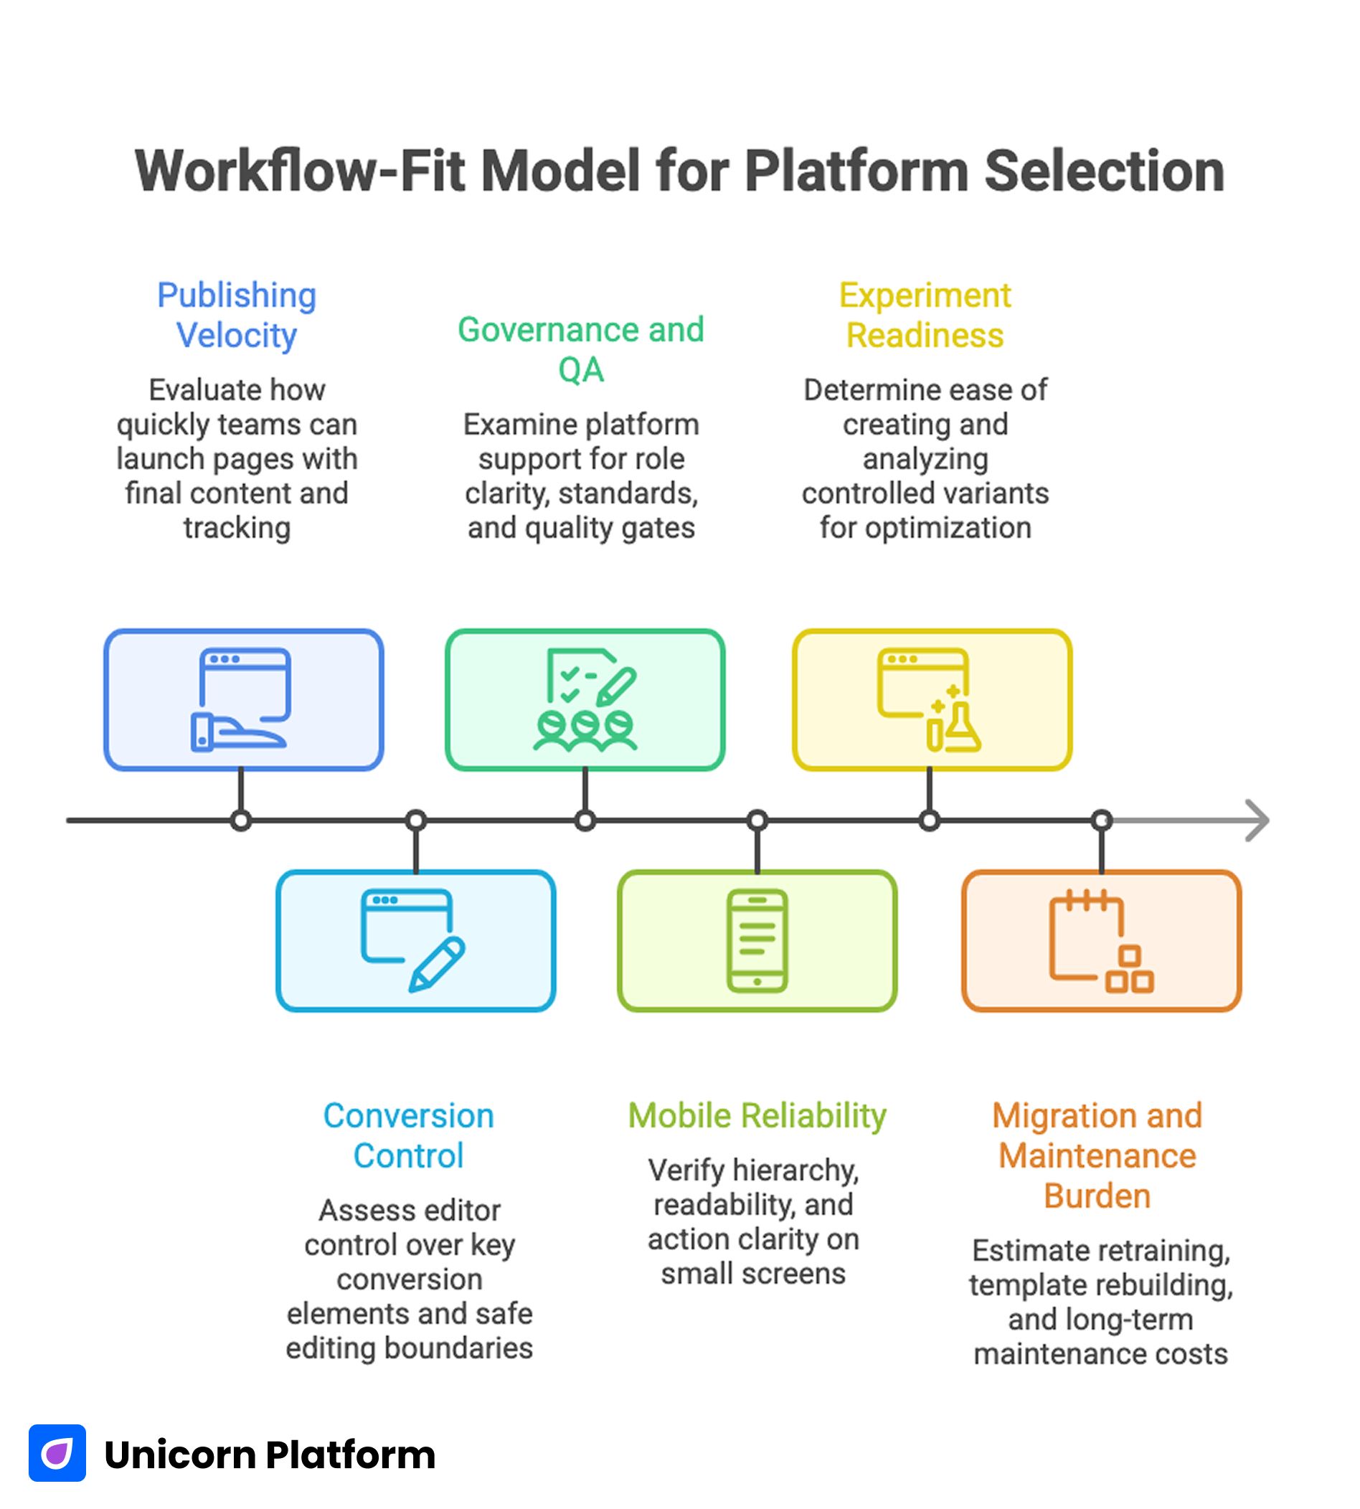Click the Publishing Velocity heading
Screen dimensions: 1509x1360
tap(236, 315)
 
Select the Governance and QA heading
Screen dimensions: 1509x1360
tap(580, 349)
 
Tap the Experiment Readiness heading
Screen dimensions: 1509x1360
tap(925, 315)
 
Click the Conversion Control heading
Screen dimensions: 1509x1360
tap(408, 1135)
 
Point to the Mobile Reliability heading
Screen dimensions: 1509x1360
tap(756, 1115)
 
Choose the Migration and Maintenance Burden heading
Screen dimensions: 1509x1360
tap(1096, 1155)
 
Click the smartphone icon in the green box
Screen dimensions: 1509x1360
tap(756, 940)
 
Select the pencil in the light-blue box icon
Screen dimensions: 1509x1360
tap(437, 965)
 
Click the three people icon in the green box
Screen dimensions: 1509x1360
tap(585, 729)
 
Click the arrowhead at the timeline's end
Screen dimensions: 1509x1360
tap(1257, 820)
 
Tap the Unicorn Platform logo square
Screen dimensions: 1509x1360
tap(57, 1452)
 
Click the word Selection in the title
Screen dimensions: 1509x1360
tap(1104, 171)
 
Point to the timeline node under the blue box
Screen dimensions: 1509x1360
tap(240, 820)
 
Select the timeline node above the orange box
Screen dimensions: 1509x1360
tap(1102, 820)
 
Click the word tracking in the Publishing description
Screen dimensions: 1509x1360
tap(237, 527)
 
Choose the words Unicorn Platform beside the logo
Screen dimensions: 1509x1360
tap(270, 1454)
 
